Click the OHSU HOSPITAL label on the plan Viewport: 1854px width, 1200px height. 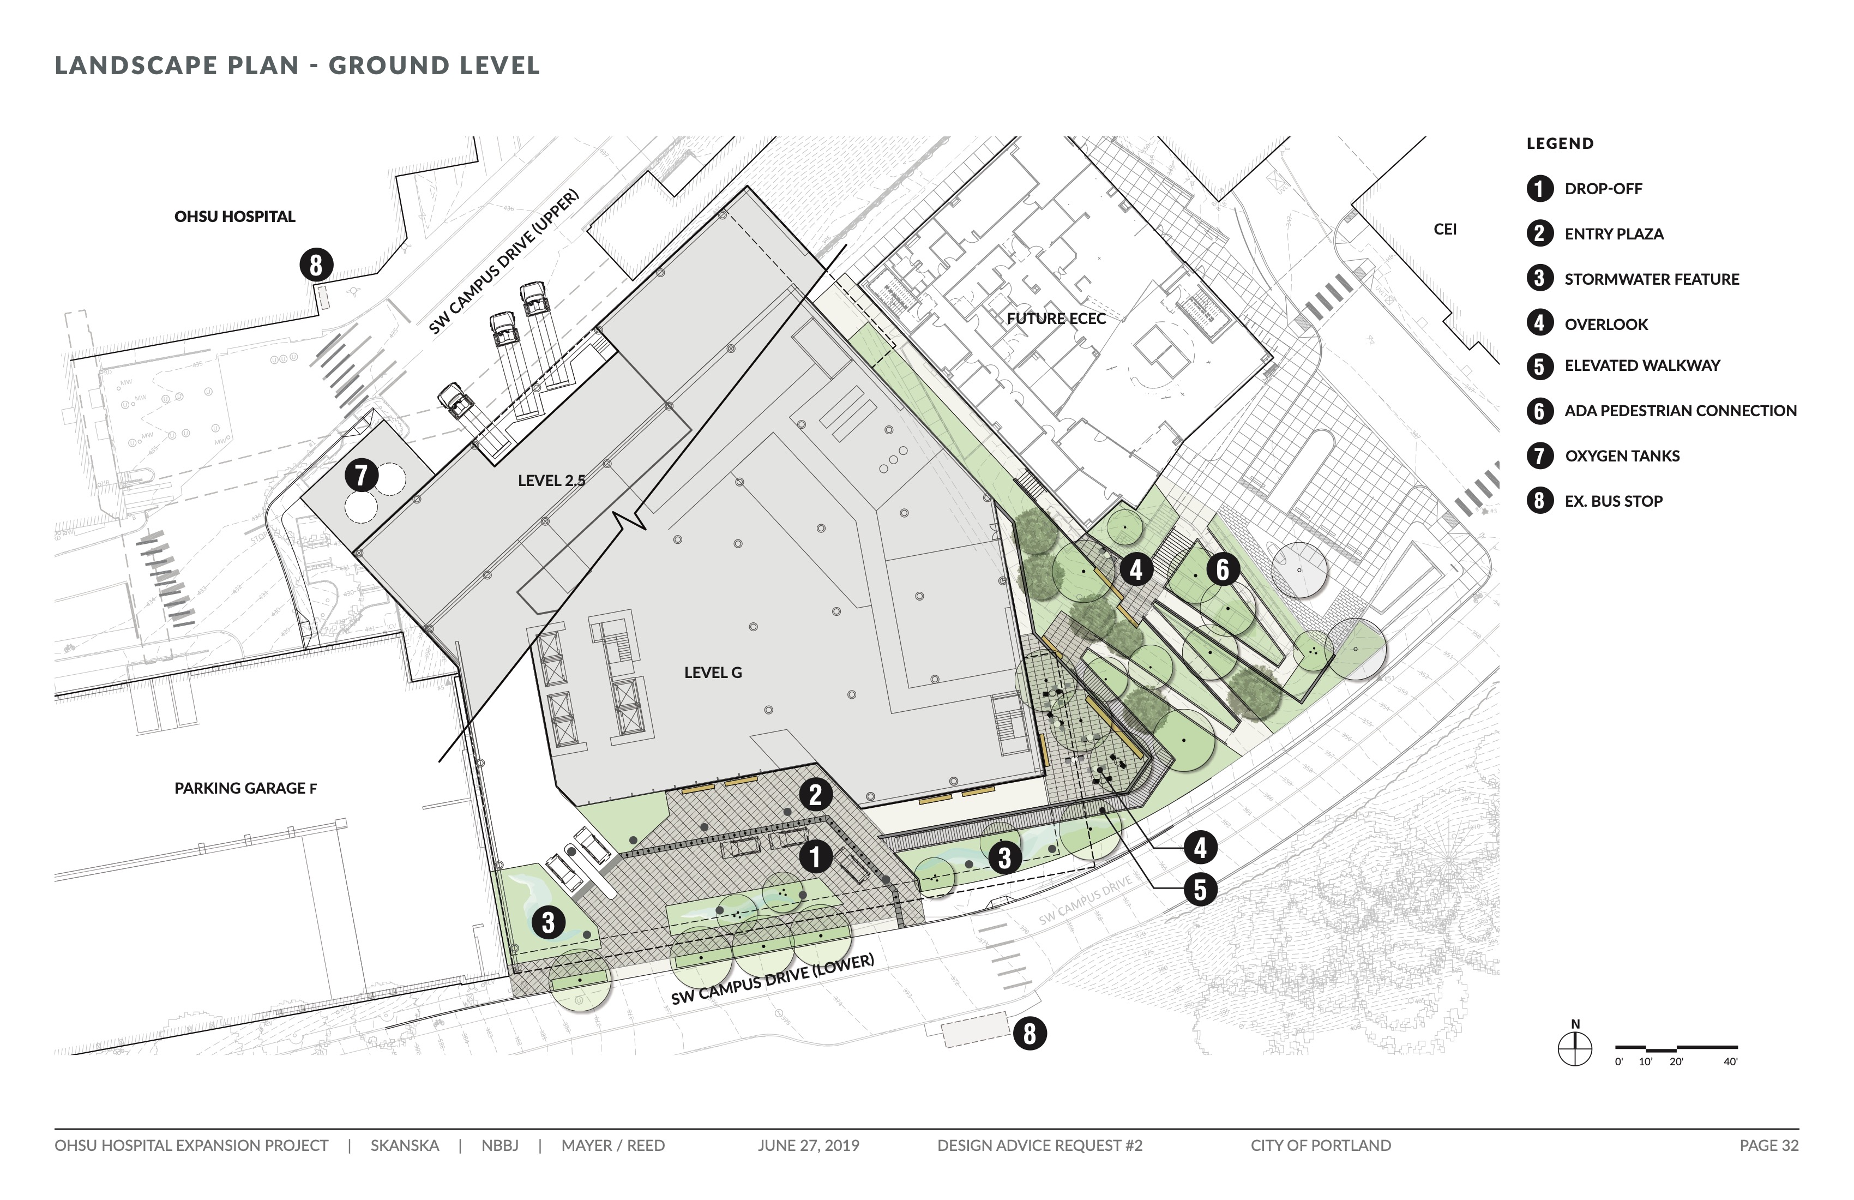pyautogui.click(x=234, y=217)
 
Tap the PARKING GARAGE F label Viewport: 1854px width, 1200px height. pyautogui.click(x=245, y=788)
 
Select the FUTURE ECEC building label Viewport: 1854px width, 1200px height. pyautogui.click(x=1056, y=319)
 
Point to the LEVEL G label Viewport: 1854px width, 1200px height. pyautogui.click(x=713, y=673)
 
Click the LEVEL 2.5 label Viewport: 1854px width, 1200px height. pyautogui.click(x=551, y=481)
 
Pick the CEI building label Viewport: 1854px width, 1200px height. pyautogui.click(x=1445, y=229)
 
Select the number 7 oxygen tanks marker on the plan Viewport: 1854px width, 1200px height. pyautogui.click(x=362, y=475)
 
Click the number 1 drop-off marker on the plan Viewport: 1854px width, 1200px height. pyautogui.click(x=815, y=857)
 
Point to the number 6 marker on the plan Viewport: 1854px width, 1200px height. pyautogui.click(x=1222, y=569)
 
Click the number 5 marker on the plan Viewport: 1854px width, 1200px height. pyautogui.click(x=1200, y=889)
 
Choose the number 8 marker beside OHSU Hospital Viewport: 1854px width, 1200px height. pyautogui.click(x=316, y=265)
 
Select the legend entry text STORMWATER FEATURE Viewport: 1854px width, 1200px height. pyautogui.click(x=1652, y=279)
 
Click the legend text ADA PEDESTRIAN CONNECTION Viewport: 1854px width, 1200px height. pyautogui.click(x=1680, y=411)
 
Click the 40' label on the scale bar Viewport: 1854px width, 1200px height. pyautogui.click(x=1730, y=1062)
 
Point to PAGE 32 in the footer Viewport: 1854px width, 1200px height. pyautogui.click(x=1769, y=1145)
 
